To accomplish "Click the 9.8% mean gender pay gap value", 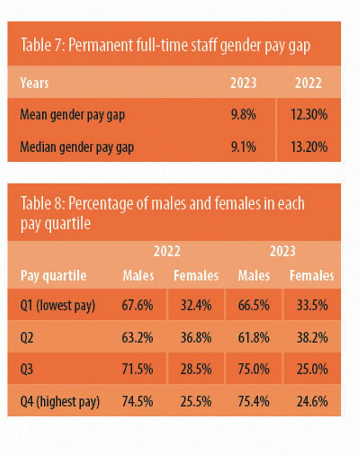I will [243, 114].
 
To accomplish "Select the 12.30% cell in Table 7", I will [309, 114].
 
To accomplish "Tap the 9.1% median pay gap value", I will [243, 147].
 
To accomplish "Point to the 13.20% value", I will [309, 147].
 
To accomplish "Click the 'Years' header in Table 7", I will [34, 83].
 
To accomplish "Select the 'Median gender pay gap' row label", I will [77, 147].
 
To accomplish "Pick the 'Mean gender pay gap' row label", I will [72, 114].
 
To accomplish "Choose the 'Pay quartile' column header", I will [53, 276].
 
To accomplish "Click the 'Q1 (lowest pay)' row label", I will [57, 305].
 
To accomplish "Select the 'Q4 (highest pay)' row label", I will [60, 401].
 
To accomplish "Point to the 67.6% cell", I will [137, 305].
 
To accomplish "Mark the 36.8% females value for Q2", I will [196, 338].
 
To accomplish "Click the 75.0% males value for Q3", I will [253, 369].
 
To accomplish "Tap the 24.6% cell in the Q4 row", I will [312, 401].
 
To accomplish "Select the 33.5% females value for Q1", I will [312, 305].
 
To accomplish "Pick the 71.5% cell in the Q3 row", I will [137, 369].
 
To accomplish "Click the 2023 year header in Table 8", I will [283, 251].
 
